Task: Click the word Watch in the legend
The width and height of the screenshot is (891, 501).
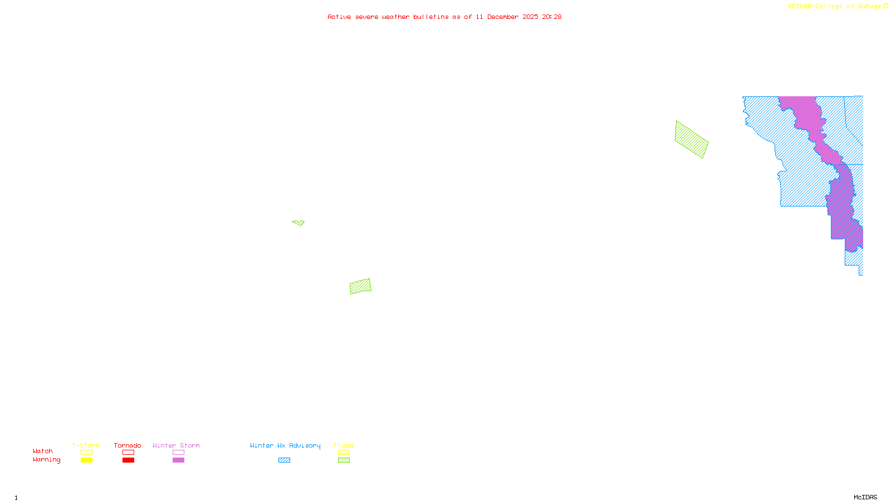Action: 43,451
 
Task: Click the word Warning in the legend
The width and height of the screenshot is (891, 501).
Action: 47,460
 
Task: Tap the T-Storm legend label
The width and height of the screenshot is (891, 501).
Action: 86,445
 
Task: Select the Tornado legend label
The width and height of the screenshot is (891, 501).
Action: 128,445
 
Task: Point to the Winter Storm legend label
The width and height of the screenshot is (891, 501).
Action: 176,445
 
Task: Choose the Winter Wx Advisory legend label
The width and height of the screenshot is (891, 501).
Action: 285,445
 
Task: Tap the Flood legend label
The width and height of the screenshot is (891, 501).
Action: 344,445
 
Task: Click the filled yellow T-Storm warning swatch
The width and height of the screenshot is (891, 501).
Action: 86,460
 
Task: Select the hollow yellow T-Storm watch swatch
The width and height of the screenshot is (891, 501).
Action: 86,453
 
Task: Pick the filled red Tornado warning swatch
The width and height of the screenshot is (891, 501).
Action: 129,460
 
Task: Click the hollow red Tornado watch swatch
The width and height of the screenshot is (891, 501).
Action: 129,453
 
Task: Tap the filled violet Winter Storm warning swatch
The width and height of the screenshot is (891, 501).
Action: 178,460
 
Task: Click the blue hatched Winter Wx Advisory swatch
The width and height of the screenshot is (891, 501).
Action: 284,460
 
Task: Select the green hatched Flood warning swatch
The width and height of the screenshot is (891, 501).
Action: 344,460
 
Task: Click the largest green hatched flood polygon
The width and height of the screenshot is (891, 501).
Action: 691,140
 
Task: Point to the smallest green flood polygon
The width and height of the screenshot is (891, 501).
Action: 299,223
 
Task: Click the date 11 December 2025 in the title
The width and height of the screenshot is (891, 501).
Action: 507,17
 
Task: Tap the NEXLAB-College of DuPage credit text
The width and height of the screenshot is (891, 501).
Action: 835,7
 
